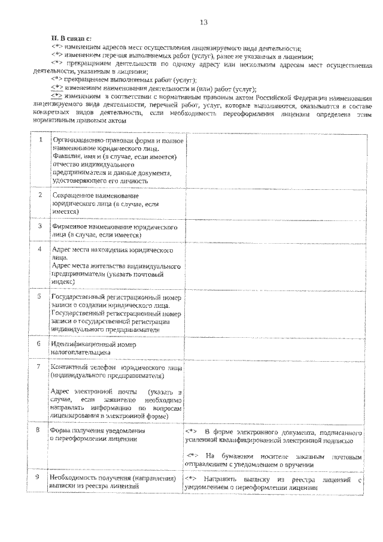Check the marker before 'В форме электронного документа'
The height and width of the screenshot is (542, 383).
(x=190, y=431)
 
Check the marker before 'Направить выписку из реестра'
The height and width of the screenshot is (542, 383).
(x=190, y=479)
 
